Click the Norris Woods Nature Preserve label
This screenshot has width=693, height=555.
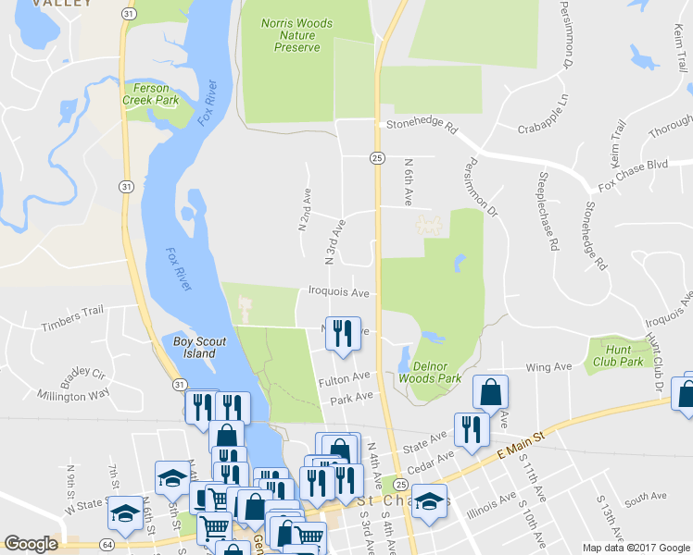point(290,35)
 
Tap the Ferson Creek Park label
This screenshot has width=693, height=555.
point(152,94)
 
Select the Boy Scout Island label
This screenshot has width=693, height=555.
point(199,347)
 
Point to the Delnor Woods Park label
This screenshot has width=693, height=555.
point(430,372)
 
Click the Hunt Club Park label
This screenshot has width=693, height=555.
point(617,356)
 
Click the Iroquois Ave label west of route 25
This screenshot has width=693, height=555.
point(339,292)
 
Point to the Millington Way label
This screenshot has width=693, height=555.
point(73,395)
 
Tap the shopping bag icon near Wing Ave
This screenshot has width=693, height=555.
point(490,392)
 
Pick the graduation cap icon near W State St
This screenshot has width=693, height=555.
point(125,514)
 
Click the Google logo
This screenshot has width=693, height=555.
point(31,544)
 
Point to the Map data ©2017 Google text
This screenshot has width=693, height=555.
point(636,548)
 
